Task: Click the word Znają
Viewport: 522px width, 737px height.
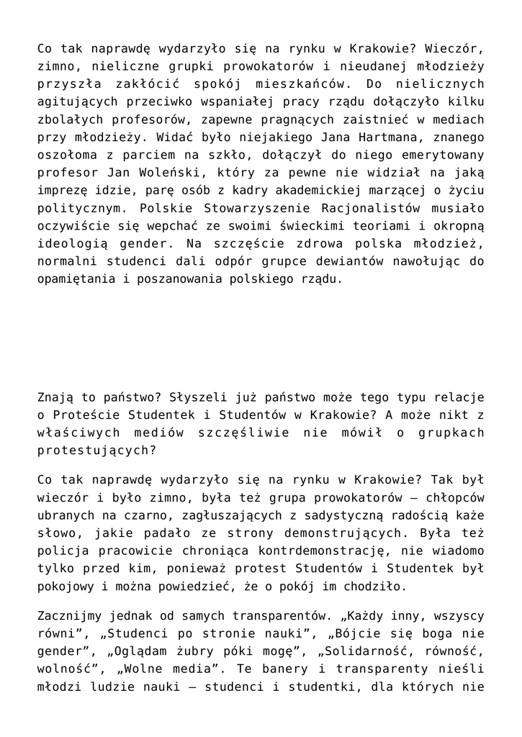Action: [x=55, y=397]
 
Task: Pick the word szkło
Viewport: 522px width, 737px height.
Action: [x=189, y=154]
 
